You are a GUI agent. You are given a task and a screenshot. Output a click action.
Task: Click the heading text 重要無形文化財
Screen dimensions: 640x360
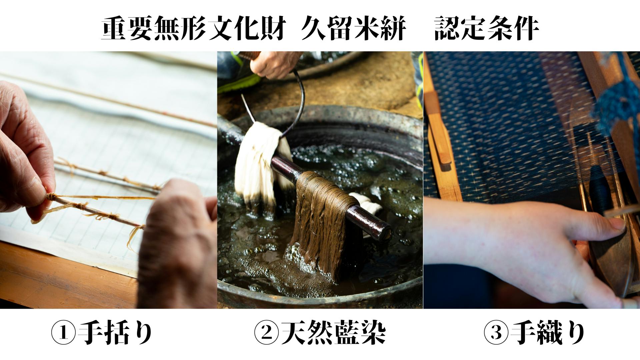point(193,29)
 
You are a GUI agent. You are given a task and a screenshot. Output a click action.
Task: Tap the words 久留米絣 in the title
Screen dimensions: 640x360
point(354,29)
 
